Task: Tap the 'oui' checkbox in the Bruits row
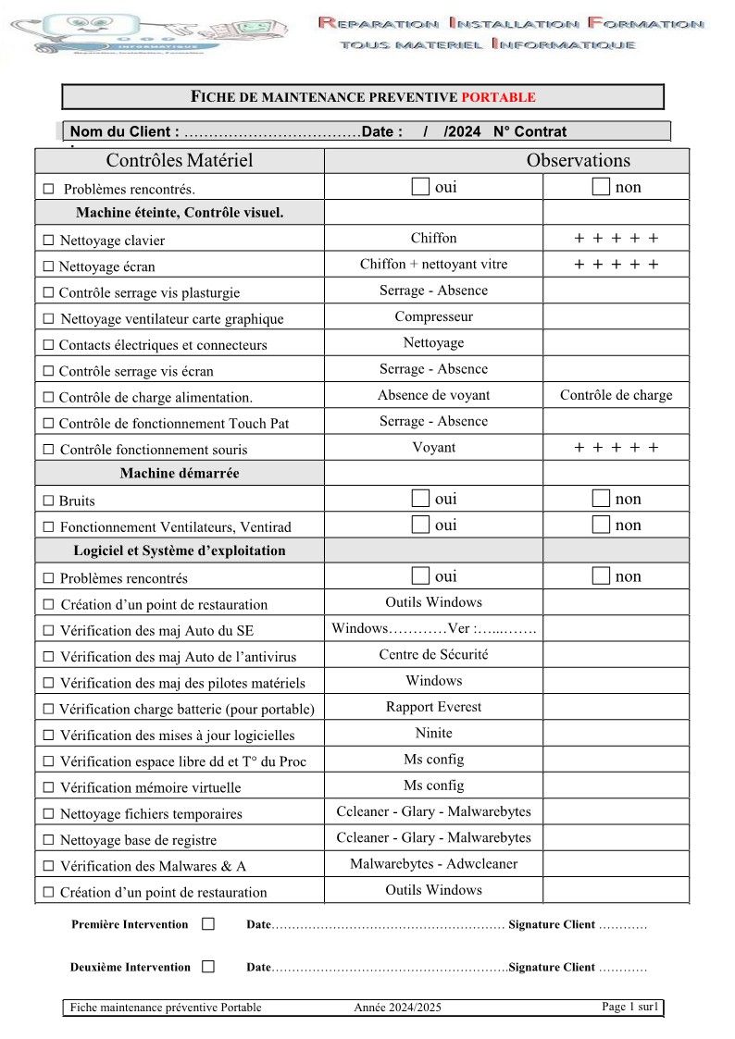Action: [x=420, y=499]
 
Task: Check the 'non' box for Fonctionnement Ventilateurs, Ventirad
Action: [x=601, y=525]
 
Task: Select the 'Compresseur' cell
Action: [x=433, y=316]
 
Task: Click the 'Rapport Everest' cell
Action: [x=433, y=707]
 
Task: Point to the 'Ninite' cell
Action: [x=433, y=733]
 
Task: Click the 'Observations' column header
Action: [x=578, y=160]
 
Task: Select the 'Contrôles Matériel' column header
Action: [x=180, y=160]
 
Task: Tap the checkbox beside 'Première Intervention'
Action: [x=207, y=923]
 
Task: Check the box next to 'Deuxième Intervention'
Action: [x=207, y=967]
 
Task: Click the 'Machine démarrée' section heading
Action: [x=180, y=473]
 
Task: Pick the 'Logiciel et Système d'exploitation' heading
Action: [x=180, y=550]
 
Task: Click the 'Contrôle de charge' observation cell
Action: [x=616, y=395]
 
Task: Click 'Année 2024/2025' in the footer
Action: [x=397, y=1008]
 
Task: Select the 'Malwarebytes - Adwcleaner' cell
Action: [x=433, y=863]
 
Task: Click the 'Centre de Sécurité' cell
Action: [x=433, y=654]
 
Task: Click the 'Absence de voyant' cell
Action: [x=433, y=395]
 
